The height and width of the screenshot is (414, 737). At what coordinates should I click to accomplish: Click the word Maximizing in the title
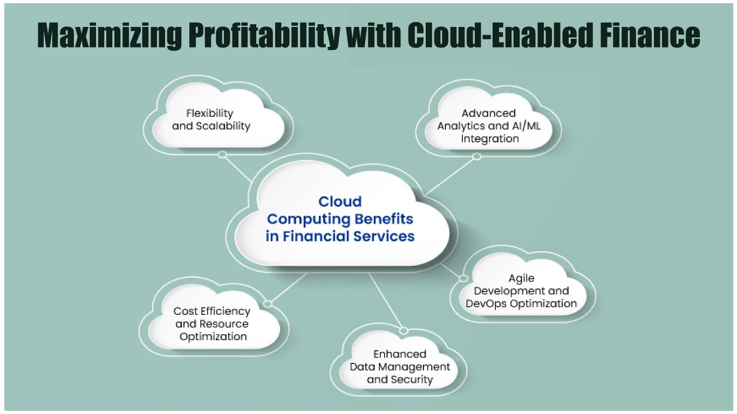click(109, 36)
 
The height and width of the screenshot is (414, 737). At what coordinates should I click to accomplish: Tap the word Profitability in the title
click(263, 36)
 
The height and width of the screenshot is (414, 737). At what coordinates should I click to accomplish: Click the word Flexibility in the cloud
click(210, 113)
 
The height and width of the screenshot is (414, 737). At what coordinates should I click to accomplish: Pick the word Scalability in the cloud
click(223, 126)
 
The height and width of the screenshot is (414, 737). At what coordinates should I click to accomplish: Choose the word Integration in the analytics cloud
click(489, 139)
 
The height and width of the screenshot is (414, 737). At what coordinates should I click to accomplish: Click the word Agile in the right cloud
click(522, 279)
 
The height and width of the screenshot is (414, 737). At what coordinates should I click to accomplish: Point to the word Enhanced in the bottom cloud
click(400, 354)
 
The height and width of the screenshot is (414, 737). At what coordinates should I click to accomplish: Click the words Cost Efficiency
click(212, 312)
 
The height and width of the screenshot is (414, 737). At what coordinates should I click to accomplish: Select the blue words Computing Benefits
click(340, 219)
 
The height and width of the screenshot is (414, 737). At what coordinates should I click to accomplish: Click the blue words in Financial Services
click(340, 236)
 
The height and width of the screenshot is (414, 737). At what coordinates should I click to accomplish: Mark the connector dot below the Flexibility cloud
click(222, 155)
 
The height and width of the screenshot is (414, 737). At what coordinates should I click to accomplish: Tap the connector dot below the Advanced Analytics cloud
click(476, 157)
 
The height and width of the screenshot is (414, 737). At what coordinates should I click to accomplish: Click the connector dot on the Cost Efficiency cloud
click(268, 303)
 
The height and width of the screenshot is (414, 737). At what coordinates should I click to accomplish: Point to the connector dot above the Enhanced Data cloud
click(404, 330)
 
